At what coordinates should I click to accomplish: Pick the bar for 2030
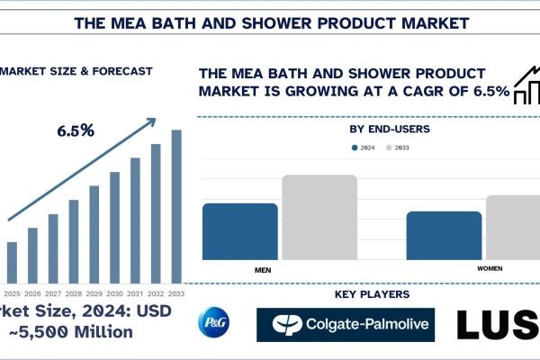pos(114,226)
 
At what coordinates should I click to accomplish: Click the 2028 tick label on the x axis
pos(74,293)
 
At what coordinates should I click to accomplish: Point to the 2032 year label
pos(156,293)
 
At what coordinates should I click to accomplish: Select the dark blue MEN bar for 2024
pos(239,231)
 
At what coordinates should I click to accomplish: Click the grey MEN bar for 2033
pos(319,217)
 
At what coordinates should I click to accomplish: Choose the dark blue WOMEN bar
pos(444,236)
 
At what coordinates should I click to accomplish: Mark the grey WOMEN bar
pos(513,228)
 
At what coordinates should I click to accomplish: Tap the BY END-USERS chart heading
pos(389,130)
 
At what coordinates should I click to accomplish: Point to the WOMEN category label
pos(489,269)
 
